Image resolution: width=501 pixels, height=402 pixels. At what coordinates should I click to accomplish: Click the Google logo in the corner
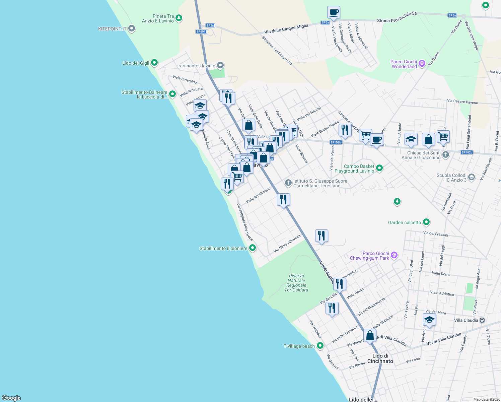pyautogui.click(x=11, y=398)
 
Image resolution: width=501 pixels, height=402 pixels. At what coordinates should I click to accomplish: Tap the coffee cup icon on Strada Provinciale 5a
pyautogui.click(x=334, y=13)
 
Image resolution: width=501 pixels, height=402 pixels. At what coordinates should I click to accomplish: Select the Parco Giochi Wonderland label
pyautogui.click(x=404, y=64)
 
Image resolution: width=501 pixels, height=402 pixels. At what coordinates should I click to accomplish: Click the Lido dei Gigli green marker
pyautogui.click(x=154, y=63)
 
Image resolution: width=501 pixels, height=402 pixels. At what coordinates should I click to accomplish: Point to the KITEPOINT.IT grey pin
pyautogui.click(x=132, y=29)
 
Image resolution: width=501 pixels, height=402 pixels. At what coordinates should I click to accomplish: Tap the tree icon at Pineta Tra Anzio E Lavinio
pyautogui.click(x=179, y=18)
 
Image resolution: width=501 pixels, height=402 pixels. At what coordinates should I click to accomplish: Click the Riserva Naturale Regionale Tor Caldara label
pyautogui.click(x=296, y=283)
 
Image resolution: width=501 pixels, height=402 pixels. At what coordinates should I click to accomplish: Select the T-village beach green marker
pyautogui.click(x=320, y=346)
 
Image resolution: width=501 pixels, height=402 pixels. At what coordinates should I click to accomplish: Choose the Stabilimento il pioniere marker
pyautogui.click(x=253, y=248)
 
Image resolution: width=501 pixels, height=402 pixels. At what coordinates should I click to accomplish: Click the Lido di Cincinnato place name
pyautogui.click(x=380, y=358)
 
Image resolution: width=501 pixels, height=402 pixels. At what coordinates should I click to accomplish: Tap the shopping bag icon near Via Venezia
pyautogui.click(x=370, y=335)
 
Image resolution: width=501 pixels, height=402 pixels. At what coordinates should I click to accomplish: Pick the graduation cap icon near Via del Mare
pyautogui.click(x=429, y=320)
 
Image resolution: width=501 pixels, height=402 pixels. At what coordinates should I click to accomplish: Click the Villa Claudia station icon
pyautogui.click(x=482, y=320)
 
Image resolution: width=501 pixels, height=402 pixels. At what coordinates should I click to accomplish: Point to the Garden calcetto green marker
pyautogui.click(x=426, y=222)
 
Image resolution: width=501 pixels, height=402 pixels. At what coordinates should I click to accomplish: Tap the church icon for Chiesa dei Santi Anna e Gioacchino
pyautogui.click(x=445, y=155)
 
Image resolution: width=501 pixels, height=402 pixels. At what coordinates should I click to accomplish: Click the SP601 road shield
pyautogui.click(x=201, y=31)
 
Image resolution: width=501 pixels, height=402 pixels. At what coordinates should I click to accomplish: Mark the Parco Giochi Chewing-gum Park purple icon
pyautogui.click(x=394, y=256)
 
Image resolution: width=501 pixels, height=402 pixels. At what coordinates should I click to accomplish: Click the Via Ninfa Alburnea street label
pyautogui.click(x=287, y=244)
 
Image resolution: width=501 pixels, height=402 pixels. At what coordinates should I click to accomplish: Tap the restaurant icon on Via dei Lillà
pyautogui.click(x=332, y=308)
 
